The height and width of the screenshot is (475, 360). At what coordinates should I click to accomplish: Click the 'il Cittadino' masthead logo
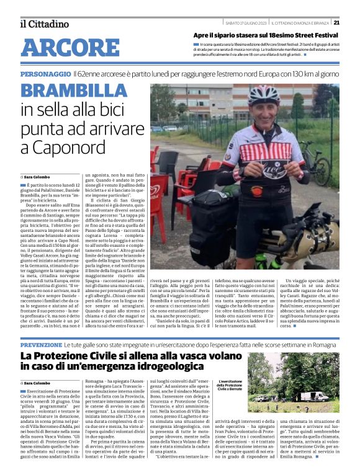tap(44, 24)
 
